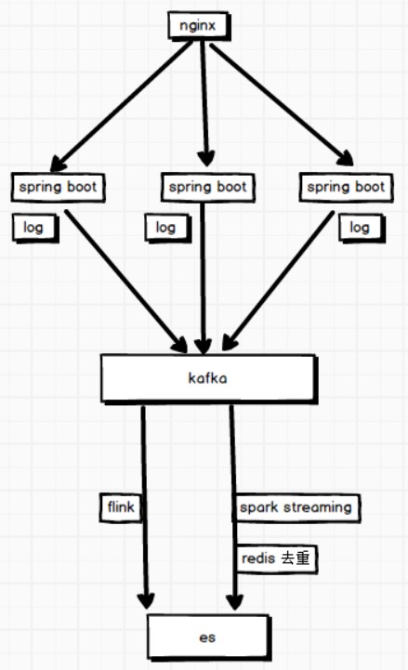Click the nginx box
[200, 26]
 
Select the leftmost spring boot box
[59, 187]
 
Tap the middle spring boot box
[208, 187]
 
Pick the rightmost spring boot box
[346, 187]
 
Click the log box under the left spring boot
[35, 228]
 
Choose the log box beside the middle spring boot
[168, 228]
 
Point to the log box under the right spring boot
[362, 229]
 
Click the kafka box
[209, 378]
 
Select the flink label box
[121, 507]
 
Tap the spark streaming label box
[297, 508]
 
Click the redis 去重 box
[277, 558]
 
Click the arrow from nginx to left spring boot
[121, 106]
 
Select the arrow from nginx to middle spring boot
[205, 104]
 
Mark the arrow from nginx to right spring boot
[282, 105]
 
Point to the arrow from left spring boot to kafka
[126, 282]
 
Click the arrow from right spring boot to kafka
[278, 281]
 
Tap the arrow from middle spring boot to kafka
[203, 279]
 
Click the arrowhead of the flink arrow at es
[146, 600]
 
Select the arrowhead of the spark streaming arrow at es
[234, 601]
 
